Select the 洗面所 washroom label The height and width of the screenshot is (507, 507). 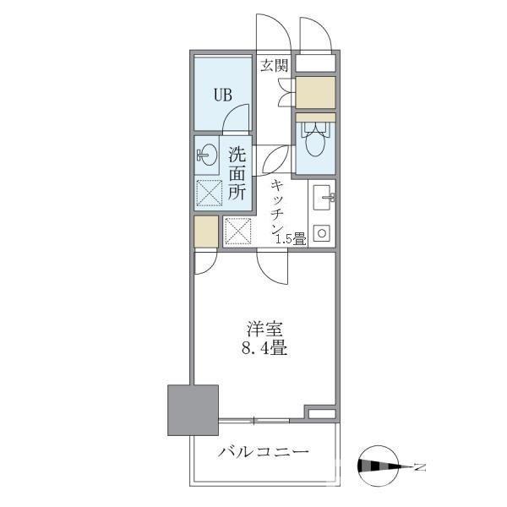point(237,173)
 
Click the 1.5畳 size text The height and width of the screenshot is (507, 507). point(291,240)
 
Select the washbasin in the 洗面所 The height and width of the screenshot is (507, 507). point(206,155)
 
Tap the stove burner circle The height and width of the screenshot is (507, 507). point(321,232)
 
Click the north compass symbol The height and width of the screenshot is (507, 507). point(385,464)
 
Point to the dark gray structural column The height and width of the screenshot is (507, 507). point(193,410)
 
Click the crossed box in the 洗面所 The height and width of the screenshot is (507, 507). point(210,193)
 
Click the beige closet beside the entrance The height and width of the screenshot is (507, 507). point(314,92)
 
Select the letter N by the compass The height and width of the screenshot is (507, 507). point(420,465)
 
